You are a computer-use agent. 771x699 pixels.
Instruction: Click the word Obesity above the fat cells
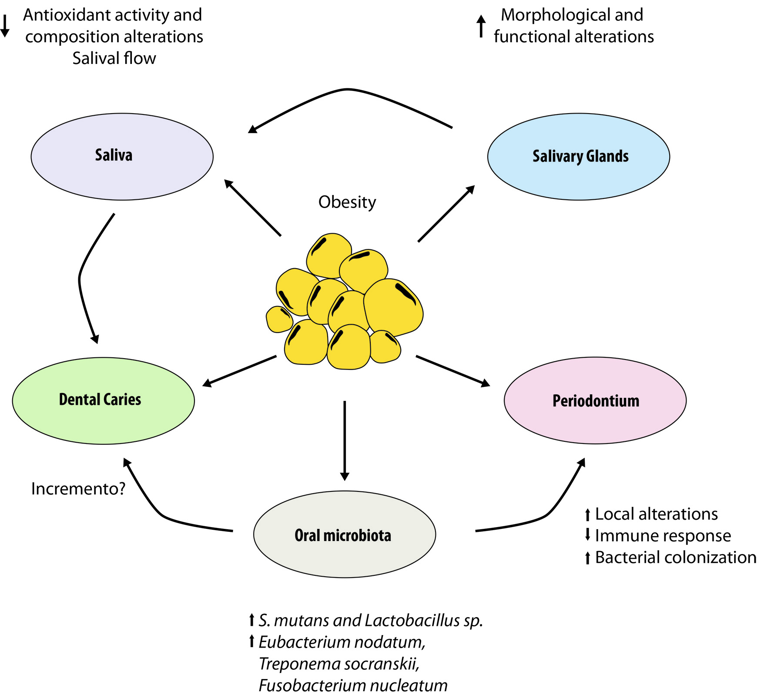tap(347, 202)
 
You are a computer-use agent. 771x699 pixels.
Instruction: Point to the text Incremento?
tap(78, 489)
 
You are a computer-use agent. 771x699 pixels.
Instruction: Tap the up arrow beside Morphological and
tap(481, 26)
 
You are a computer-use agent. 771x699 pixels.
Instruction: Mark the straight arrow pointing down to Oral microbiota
tap(345, 440)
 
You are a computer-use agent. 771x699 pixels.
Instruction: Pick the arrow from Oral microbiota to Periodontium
tap(544, 516)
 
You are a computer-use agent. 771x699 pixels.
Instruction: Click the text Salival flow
tap(114, 58)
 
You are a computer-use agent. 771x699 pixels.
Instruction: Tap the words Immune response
tap(663, 536)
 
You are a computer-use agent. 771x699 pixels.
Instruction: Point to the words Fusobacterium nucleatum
tap(353, 686)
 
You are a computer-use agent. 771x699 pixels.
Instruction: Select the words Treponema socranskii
tap(339, 664)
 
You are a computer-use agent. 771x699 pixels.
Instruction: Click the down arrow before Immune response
tap(587, 534)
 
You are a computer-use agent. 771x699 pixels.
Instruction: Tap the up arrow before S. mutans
tap(251, 620)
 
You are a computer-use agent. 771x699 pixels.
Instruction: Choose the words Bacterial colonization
tap(675, 558)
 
